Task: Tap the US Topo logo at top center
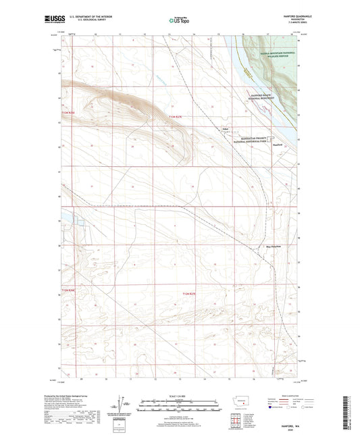tap(179, 22)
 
